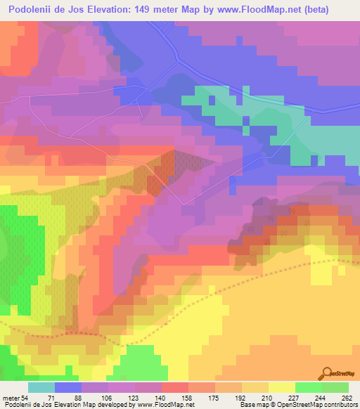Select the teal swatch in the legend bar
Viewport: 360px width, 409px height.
point(41,388)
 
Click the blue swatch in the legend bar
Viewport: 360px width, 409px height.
point(68,388)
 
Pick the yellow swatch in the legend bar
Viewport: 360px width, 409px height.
point(281,388)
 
